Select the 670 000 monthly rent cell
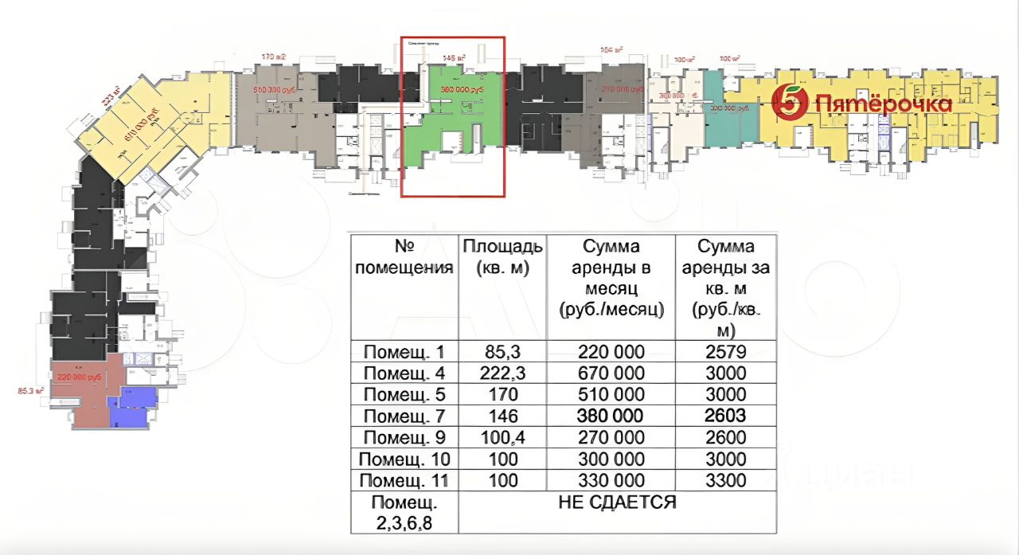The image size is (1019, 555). (x=612, y=373)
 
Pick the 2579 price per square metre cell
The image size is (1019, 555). (x=725, y=351)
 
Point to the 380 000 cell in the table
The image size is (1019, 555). (x=612, y=416)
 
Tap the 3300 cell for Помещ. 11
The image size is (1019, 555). (x=725, y=480)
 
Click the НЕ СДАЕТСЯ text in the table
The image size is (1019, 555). (x=618, y=502)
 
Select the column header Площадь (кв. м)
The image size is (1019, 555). (x=502, y=256)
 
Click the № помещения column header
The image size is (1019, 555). (x=403, y=256)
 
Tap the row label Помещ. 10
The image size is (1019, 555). (x=403, y=459)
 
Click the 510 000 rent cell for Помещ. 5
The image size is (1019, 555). (x=612, y=394)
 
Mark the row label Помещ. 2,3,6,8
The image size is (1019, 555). (x=403, y=512)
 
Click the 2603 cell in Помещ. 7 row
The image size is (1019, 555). (x=725, y=416)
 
